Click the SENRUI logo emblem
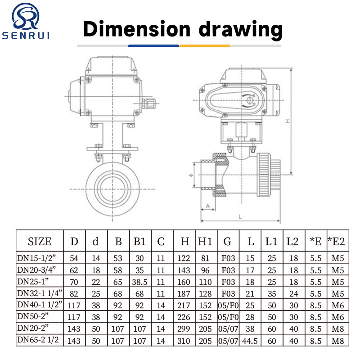click(26, 16)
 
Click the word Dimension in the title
click(137, 29)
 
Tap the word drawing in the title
click(240, 30)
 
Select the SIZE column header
click(40, 241)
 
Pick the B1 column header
click(139, 241)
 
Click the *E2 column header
click(336, 241)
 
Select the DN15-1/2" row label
click(36, 258)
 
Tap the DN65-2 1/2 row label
click(38, 340)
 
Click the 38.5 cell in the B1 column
click(139, 282)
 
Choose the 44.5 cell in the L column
click(250, 341)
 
